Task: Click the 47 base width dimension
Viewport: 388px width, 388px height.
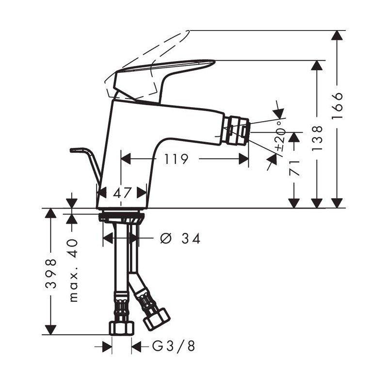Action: click(x=122, y=192)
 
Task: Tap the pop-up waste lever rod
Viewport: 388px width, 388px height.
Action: click(x=90, y=160)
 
